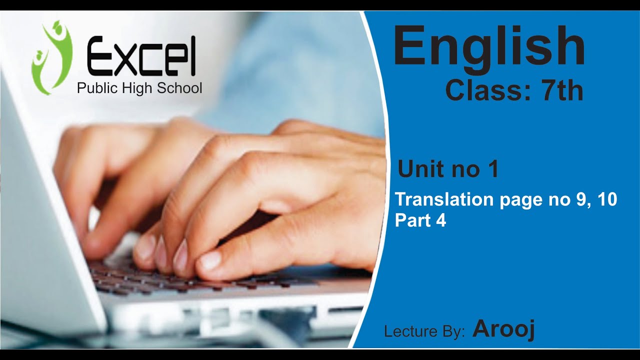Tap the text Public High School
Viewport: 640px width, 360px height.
click(x=139, y=88)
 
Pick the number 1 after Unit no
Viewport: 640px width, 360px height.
click(x=492, y=169)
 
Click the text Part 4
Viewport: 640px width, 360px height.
click(x=420, y=220)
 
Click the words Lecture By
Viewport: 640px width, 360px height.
click(x=424, y=331)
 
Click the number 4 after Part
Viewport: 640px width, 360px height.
click(x=440, y=220)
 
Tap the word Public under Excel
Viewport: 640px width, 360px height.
click(x=95, y=88)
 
